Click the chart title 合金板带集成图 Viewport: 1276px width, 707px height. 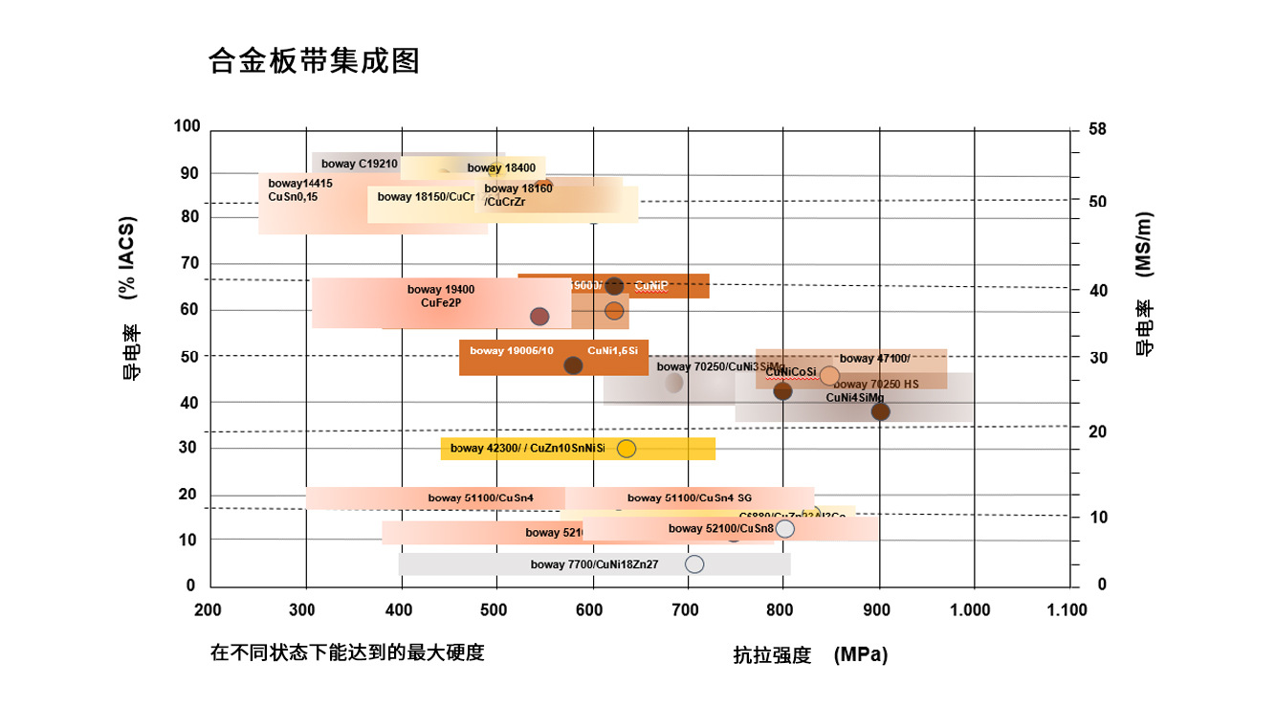[x=314, y=61]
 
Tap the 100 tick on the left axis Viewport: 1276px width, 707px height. [x=187, y=126]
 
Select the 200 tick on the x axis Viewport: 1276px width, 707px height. [x=208, y=610]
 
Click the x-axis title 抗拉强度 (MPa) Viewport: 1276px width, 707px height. [x=810, y=655]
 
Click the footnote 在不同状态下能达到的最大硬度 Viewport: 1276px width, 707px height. [x=347, y=653]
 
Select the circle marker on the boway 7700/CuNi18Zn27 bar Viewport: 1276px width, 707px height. [x=694, y=564]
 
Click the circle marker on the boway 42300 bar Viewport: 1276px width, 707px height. [x=627, y=448]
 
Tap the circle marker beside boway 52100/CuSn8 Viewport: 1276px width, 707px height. [x=785, y=529]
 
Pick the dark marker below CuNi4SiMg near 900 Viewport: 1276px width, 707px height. [x=880, y=412]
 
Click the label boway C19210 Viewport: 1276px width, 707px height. [x=360, y=164]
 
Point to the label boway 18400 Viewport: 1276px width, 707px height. [x=501, y=168]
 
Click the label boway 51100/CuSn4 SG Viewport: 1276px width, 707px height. [x=690, y=498]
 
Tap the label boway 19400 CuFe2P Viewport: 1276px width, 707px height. [x=441, y=296]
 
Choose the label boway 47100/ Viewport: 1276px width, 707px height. [x=874, y=359]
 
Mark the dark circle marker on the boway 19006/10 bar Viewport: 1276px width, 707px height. [x=573, y=365]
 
